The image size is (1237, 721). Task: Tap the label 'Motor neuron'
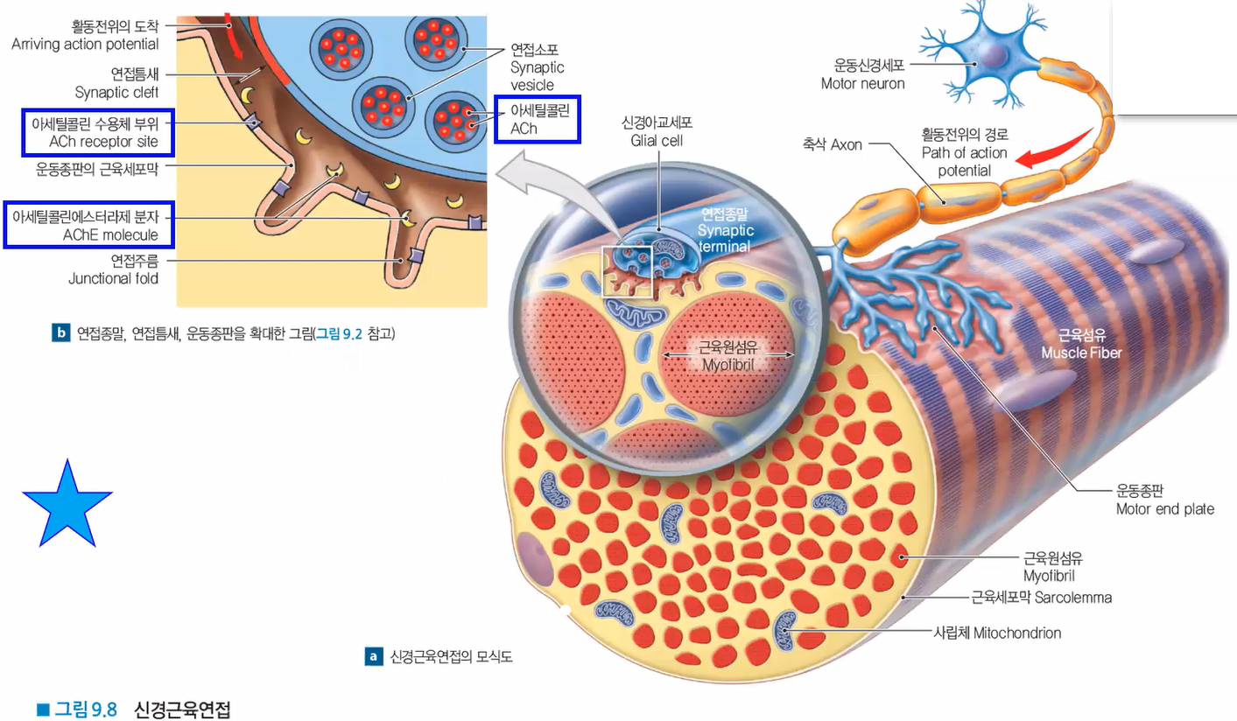click(x=862, y=83)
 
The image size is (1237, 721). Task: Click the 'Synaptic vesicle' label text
click(x=537, y=67)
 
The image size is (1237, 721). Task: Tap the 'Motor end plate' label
click(x=1164, y=508)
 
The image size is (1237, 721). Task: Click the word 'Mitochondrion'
click(x=1016, y=633)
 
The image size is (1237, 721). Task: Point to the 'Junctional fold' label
click(x=113, y=279)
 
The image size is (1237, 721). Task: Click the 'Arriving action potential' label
click(x=85, y=44)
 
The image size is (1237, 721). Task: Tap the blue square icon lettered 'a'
click(x=374, y=656)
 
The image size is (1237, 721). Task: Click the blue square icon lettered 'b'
click(x=60, y=333)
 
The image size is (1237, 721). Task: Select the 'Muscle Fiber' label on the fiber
click(x=1080, y=353)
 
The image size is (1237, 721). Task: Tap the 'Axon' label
click(x=846, y=144)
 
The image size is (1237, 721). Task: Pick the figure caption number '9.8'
click(x=103, y=710)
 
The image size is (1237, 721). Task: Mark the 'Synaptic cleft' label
click(x=116, y=92)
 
